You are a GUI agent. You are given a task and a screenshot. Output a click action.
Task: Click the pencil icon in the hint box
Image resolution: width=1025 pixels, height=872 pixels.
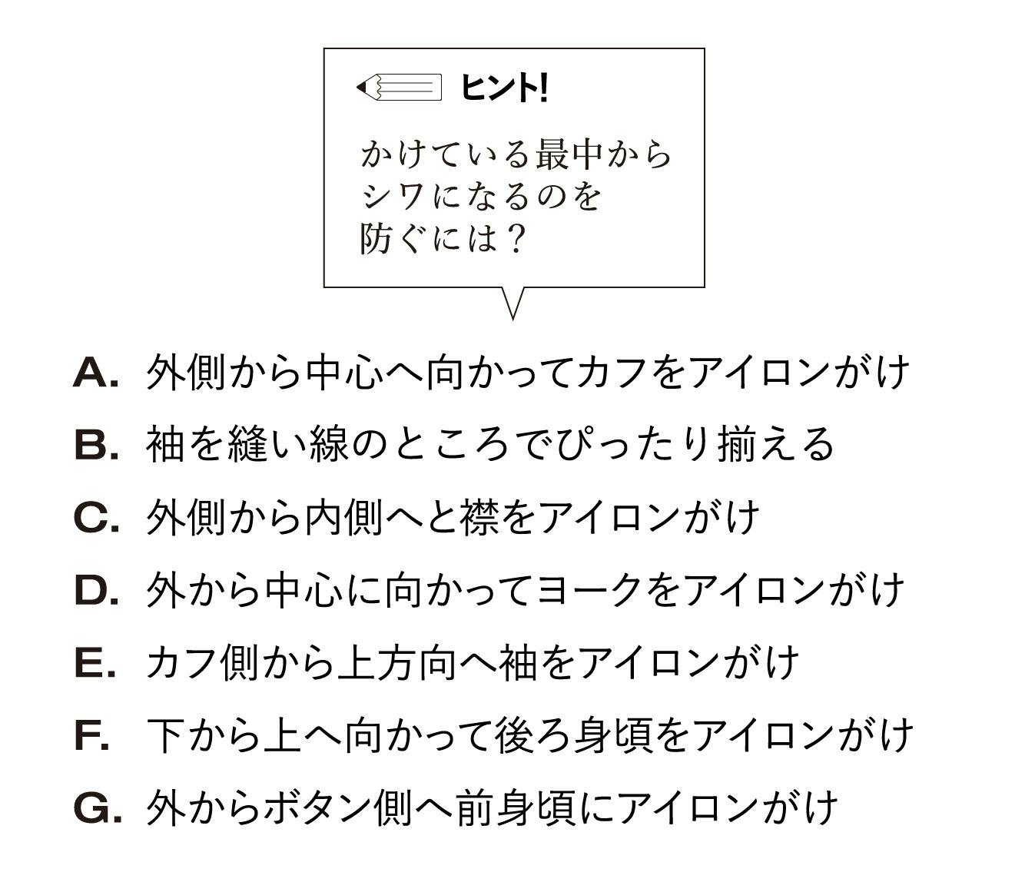coord(400,88)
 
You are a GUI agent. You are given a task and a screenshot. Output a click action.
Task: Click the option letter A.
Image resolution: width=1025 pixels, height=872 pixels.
coord(95,373)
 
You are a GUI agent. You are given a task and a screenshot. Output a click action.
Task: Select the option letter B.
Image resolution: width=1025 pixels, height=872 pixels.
coord(96,445)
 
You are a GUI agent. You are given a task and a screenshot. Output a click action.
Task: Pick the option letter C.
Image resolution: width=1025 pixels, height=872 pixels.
coord(96,518)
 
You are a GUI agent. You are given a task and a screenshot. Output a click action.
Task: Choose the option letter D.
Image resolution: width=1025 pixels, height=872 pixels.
coord(96,591)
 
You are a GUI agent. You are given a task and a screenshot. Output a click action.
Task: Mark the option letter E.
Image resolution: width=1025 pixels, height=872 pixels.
coord(95,663)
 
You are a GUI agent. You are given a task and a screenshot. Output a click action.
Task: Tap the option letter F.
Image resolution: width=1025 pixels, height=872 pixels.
coord(91,736)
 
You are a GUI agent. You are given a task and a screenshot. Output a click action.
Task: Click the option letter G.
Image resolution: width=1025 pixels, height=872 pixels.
coord(97,808)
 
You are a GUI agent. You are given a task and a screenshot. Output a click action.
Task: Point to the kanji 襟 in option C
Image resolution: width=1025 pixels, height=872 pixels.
coord(479,518)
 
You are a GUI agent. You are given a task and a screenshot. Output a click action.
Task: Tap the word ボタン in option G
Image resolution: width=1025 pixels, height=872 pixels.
coord(317,808)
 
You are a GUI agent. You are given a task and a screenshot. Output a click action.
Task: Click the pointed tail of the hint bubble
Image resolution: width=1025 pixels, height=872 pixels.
coord(512,318)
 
